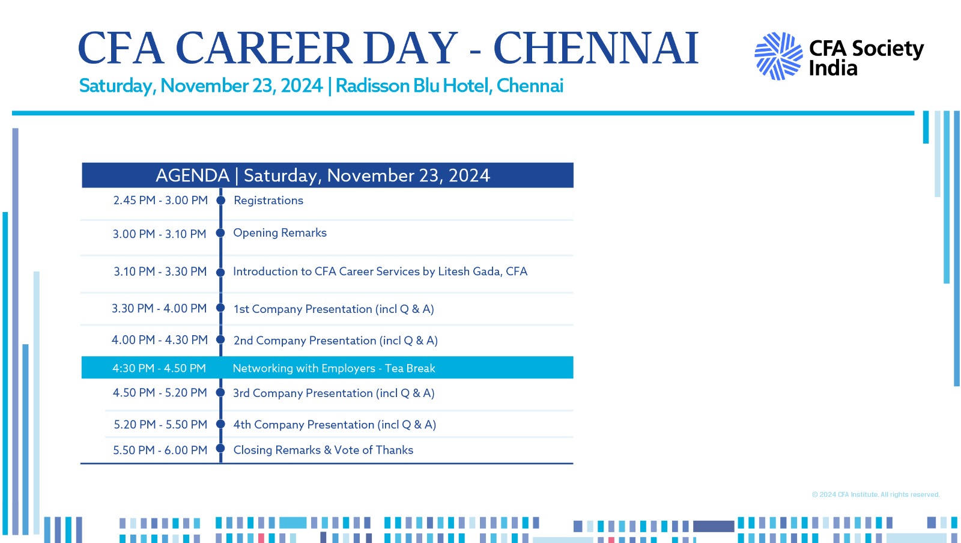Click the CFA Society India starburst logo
(778, 56)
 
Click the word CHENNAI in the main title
(596, 48)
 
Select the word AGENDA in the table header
(192, 175)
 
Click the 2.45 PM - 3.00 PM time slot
(160, 200)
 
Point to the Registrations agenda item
(268, 201)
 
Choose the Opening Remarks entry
(280, 233)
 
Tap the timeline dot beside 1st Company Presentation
(220, 308)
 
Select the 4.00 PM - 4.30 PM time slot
(160, 340)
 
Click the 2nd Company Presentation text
(336, 341)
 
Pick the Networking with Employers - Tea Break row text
(334, 368)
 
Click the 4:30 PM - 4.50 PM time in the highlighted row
(159, 368)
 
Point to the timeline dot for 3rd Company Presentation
(220, 392)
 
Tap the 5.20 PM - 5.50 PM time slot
(160, 425)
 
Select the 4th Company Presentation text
(335, 425)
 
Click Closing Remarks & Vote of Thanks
(323, 450)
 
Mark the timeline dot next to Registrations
(221, 200)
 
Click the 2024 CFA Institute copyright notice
(876, 494)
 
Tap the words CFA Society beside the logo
(867, 49)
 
